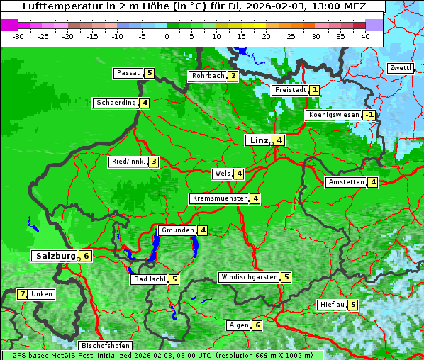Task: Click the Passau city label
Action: coord(128,73)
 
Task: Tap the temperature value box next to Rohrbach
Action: coord(233,76)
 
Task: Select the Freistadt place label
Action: coord(291,90)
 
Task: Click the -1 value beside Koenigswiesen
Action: coord(369,115)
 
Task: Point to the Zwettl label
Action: coord(400,68)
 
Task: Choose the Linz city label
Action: coord(258,140)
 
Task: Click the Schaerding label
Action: coord(116,103)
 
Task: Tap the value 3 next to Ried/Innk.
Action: coord(153,162)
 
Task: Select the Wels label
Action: coord(222,174)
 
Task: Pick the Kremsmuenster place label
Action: coord(218,198)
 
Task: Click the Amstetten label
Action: coord(345,182)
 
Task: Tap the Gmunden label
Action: coord(177,230)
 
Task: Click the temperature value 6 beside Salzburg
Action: coord(86,256)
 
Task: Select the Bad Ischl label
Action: coord(149,279)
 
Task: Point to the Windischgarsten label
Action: coord(248,277)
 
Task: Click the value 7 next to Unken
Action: coord(23,294)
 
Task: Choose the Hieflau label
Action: coord(332,305)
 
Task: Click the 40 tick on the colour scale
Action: coord(365,35)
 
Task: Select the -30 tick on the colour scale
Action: coord(18,35)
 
